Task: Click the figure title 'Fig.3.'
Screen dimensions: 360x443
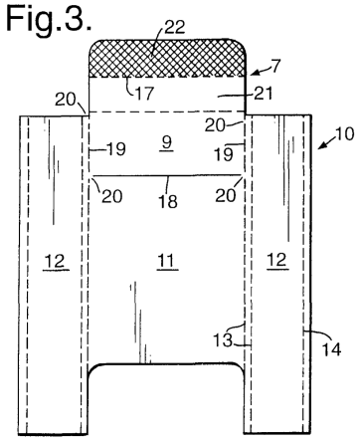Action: (x=49, y=20)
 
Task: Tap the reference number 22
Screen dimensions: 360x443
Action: (x=174, y=27)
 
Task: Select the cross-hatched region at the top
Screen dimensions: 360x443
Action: (x=168, y=59)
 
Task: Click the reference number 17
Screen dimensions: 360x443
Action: (x=144, y=94)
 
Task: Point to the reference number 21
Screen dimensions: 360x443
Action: (x=263, y=94)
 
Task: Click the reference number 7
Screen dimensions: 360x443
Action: (x=275, y=66)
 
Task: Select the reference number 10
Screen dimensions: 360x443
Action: (x=345, y=133)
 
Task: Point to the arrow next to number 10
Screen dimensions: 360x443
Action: (x=325, y=143)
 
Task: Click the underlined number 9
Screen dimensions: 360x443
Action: (x=167, y=144)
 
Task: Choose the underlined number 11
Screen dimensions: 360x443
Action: (x=167, y=262)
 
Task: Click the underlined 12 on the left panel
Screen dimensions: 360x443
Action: (x=56, y=262)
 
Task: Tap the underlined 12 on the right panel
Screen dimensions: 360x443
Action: (x=276, y=261)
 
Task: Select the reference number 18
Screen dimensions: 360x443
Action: (x=168, y=201)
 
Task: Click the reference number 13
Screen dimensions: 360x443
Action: (x=223, y=339)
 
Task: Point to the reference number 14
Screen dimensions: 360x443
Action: (x=331, y=349)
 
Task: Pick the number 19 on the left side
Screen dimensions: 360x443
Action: (x=115, y=149)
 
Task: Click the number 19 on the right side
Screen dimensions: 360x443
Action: (x=224, y=154)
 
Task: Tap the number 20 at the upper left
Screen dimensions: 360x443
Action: (x=66, y=100)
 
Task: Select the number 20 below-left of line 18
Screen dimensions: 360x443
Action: (x=112, y=196)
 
